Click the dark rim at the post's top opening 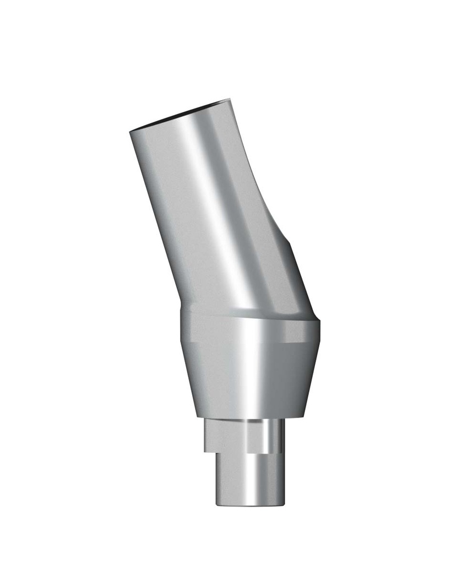[x=179, y=115]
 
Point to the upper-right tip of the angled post [x=228, y=101]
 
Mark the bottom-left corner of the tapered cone [x=196, y=416]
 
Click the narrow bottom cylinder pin [x=248, y=479]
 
